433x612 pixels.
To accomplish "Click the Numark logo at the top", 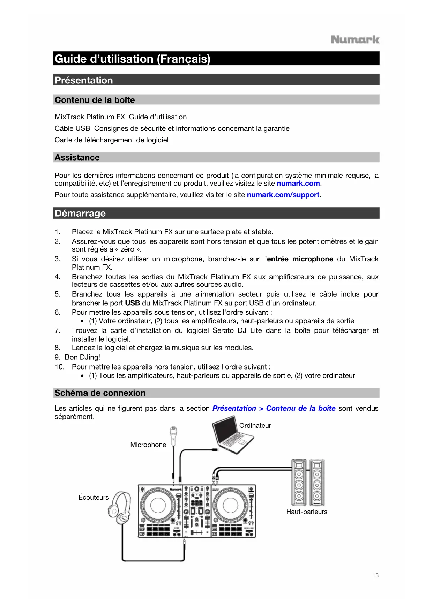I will [355, 39].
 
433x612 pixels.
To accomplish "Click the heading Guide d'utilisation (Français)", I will [133, 59].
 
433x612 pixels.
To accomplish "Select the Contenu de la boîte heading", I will [95, 100].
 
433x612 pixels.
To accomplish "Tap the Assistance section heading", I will [77, 157].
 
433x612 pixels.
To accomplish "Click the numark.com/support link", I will [283, 195].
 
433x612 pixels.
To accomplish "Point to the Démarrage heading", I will [80, 213].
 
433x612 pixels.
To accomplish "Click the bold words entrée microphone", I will [300, 259].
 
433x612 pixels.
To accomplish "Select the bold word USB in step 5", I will [133, 303].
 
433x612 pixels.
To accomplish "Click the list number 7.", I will [58, 330].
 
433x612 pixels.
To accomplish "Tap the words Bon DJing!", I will [82, 357].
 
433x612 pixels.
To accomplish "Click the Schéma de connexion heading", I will [100, 393].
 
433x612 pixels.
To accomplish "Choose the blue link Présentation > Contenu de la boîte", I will [274, 408].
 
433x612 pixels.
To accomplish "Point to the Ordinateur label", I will [255, 426].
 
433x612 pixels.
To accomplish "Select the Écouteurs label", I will [94, 497].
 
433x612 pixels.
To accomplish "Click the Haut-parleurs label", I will [307, 512].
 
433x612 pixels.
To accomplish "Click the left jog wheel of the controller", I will [158, 505].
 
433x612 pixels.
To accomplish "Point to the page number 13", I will [375, 575].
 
